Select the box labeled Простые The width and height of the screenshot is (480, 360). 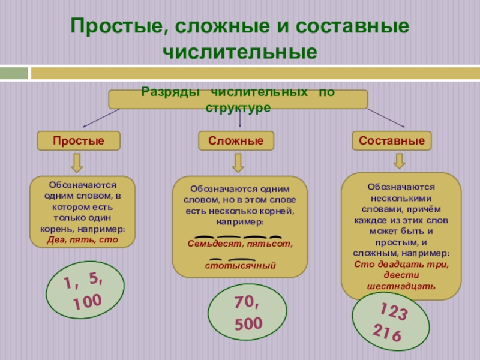tap(79, 141)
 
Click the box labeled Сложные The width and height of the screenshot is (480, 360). tap(236, 141)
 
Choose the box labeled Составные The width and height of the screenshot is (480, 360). tap(392, 141)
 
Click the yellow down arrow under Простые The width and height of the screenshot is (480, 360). tap(78, 163)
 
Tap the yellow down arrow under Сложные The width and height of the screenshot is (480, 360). tap(238, 163)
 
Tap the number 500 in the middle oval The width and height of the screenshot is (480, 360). tap(248, 325)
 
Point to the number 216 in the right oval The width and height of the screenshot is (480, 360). tap(386, 333)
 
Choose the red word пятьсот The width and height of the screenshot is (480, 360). tap(268, 244)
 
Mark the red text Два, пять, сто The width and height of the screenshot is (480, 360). tap(83, 241)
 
